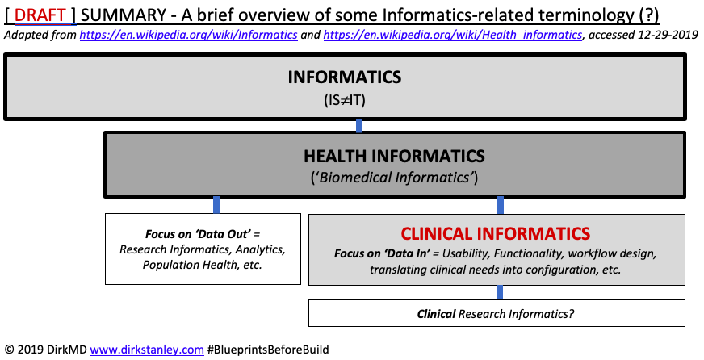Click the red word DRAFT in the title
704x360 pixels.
[x=40, y=15]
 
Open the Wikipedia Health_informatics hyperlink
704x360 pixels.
[x=451, y=36]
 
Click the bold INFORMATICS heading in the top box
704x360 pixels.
[x=345, y=78]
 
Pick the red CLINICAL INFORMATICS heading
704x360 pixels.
[x=496, y=234]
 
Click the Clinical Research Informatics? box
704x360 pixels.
[x=497, y=313]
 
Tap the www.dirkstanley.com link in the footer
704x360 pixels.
[x=147, y=350]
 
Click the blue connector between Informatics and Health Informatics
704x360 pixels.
[x=358, y=125]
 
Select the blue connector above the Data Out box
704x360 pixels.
[x=216, y=205]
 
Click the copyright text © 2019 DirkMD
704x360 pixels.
[x=44, y=350]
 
